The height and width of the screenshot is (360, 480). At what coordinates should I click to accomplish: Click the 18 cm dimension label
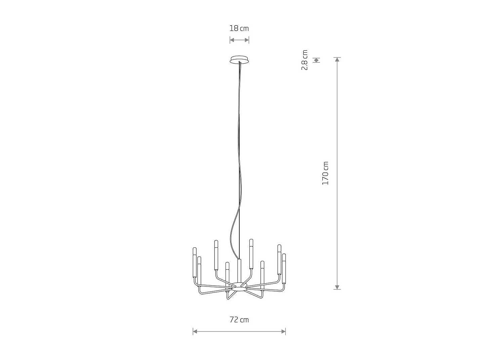coord(239,29)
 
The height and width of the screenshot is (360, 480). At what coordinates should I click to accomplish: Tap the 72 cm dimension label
coord(239,320)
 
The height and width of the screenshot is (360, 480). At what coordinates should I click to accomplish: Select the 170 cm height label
coord(325,173)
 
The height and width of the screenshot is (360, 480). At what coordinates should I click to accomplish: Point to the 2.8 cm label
coord(305,60)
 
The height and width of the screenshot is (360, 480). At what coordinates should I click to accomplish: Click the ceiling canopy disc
coord(239,60)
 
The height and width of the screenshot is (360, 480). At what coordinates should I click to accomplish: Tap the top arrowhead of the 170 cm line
coord(337,59)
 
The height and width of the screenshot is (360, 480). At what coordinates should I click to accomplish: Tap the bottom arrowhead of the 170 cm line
coord(337,287)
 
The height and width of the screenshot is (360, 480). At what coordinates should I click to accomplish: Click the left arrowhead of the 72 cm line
coord(195,331)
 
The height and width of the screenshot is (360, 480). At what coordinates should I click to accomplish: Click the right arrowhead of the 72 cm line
coord(283,331)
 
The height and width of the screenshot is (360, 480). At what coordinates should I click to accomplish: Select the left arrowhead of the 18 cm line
coord(232,40)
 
